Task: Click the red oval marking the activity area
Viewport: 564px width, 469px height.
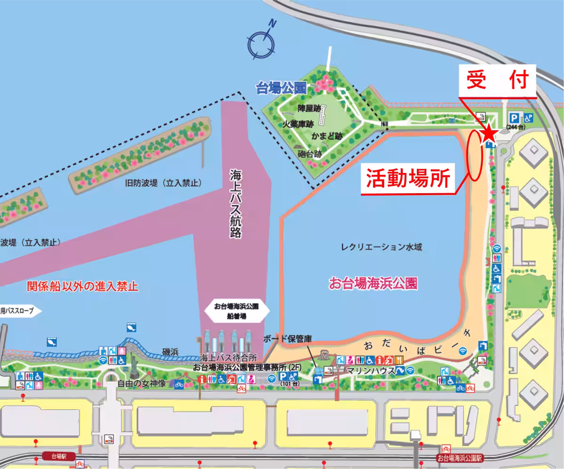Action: [475, 155]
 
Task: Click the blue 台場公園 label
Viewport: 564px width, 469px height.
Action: [281, 87]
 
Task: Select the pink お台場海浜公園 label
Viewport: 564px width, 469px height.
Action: [374, 283]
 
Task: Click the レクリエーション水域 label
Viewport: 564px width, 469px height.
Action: [382, 247]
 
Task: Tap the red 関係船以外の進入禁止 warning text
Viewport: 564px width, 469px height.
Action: [83, 286]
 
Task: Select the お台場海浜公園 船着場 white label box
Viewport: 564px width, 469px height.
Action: [236, 311]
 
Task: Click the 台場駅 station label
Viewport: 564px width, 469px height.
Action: [59, 456]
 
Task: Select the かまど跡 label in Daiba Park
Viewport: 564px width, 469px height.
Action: [327, 136]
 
